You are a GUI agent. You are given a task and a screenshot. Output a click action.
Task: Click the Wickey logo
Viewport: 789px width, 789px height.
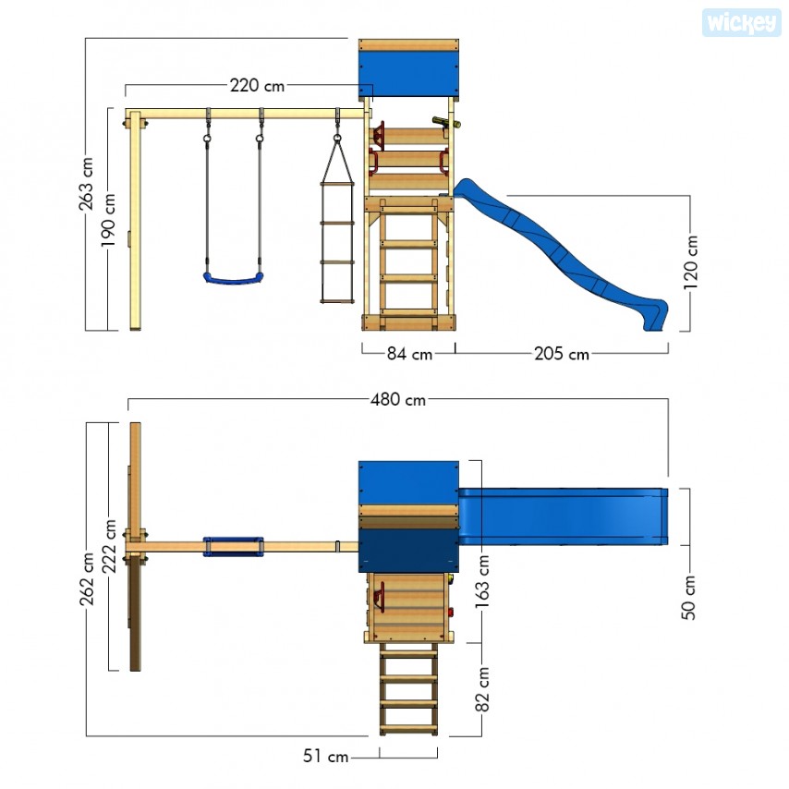pyautogui.click(x=741, y=23)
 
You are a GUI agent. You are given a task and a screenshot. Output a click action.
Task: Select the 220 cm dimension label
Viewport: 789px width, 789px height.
pyautogui.click(x=257, y=86)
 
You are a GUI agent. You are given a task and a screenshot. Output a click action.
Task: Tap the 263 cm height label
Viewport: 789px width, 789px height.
pyautogui.click(x=86, y=184)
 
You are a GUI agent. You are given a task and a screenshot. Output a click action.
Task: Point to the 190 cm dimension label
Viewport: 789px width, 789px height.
pyautogui.click(x=109, y=221)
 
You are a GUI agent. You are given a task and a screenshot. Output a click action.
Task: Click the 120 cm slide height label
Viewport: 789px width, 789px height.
pyautogui.click(x=690, y=262)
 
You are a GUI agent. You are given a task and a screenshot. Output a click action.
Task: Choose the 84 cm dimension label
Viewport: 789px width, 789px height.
pyautogui.click(x=409, y=354)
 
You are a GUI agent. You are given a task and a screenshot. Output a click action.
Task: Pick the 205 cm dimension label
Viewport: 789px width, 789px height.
pyautogui.click(x=562, y=354)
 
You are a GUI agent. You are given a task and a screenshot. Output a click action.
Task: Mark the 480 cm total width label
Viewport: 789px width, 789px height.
pyautogui.click(x=398, y=399)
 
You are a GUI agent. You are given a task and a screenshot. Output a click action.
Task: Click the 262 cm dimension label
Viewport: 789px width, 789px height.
pyautogui.click(x=87, y=578)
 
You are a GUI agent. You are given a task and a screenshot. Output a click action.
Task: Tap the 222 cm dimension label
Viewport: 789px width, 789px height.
pyautogui.click(x=109, y=546)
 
